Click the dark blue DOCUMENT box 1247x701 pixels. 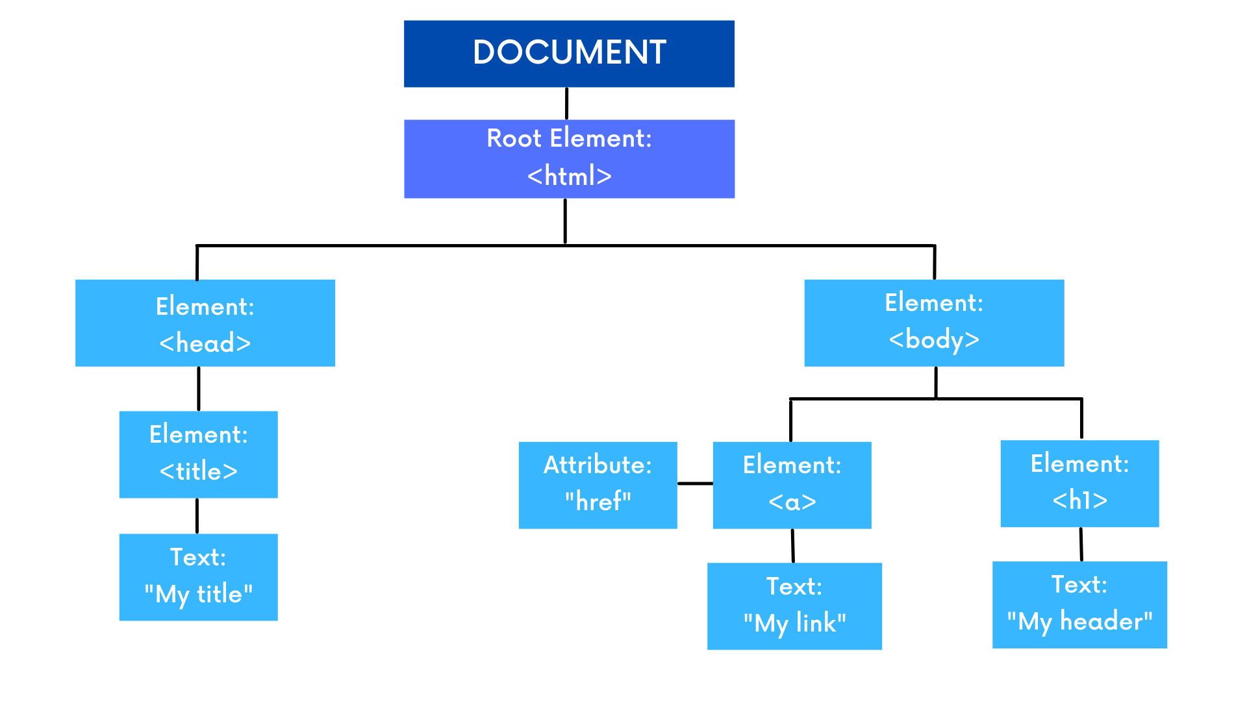pos(569,54)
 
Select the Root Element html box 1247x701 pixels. pos(569,158)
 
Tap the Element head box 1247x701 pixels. pos(205,323)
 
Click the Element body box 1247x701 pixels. pos(934,323)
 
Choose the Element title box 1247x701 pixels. pos(198,454)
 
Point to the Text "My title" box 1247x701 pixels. pos(198,577)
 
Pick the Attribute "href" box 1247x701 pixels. pos(598,485)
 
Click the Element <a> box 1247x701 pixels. pos(792,485)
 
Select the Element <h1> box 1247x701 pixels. pos(1079,484)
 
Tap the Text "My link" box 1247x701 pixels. pos(794,606)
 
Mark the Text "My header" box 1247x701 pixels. pos(1079,604)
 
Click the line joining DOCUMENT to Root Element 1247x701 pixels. pos(567,103)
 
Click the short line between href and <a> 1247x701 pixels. pos(695,484)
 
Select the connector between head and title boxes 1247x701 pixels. pos(199,388)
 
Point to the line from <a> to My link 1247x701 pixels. pos(793,545)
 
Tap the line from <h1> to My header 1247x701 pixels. pos(1081,544)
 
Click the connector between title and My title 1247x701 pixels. pos(197,515)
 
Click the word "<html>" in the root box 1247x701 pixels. pos(569,176)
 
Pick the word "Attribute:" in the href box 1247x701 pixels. pos(598,465)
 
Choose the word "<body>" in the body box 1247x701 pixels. pos(934,339)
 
